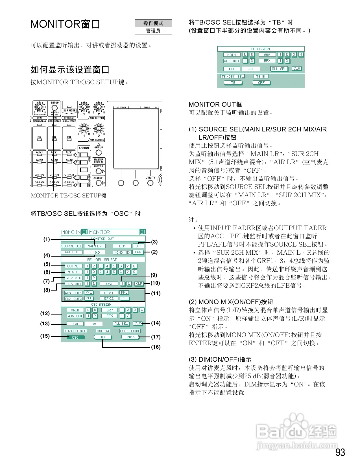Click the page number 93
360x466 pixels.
click(340, 452)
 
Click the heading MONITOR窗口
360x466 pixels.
click(65, 24)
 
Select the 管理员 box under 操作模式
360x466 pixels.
click(153, 31)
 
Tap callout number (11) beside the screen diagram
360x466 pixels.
click(156, 293)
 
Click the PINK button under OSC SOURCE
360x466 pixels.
click(130, 337)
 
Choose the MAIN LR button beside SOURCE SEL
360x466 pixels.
click(95, 246)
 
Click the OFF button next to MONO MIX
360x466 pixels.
click(138, 252)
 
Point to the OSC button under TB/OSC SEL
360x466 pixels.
click(75, 337)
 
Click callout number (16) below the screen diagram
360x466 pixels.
click(156, 347)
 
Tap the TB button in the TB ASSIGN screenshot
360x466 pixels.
click(233, 83)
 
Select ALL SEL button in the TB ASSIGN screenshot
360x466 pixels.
click(279, 69)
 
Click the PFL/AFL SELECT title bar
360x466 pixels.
click(102, 260)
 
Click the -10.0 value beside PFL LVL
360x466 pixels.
click(95, 252)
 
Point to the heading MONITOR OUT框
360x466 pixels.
click(215, 104)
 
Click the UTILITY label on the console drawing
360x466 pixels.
click(150, 178)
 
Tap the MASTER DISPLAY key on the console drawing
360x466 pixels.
click(99, 161)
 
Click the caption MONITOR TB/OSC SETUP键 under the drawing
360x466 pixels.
click(69, 195)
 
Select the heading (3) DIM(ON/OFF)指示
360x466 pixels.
click(220, 359)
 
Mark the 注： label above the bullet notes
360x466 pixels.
click(194, 220)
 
